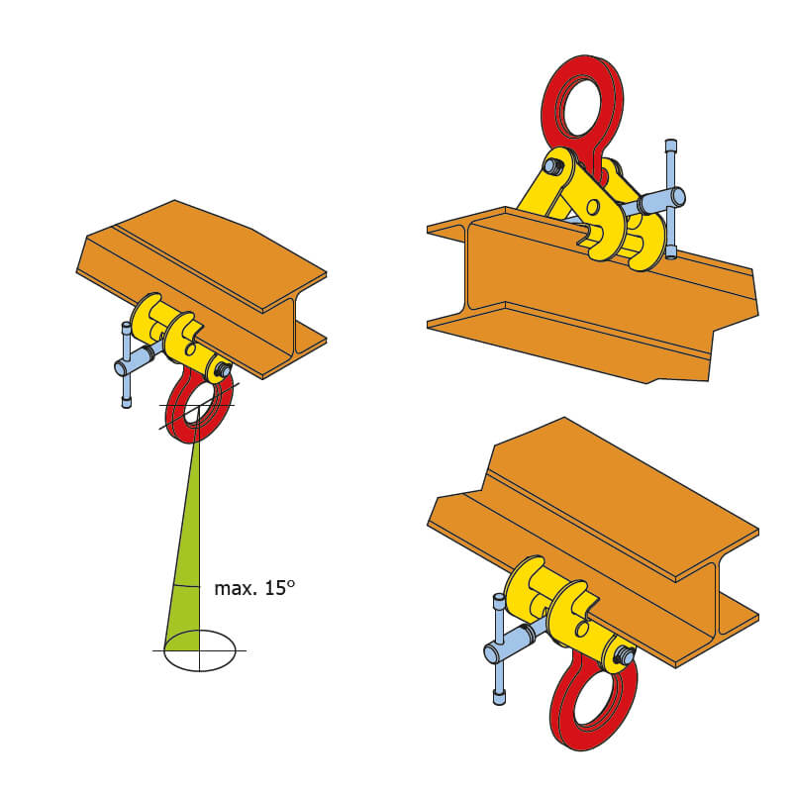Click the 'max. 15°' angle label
coord(254,588)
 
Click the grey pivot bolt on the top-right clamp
coord(552,166)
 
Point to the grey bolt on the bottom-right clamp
coord(626,656)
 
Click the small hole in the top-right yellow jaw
coord(593,207)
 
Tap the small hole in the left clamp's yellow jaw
coord(190,349)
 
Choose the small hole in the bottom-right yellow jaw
coord(582,629)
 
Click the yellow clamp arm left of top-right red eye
coord(543,186)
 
